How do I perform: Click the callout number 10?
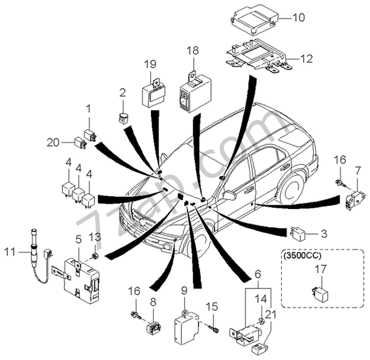point(298,18)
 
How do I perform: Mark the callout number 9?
point(184,290)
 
